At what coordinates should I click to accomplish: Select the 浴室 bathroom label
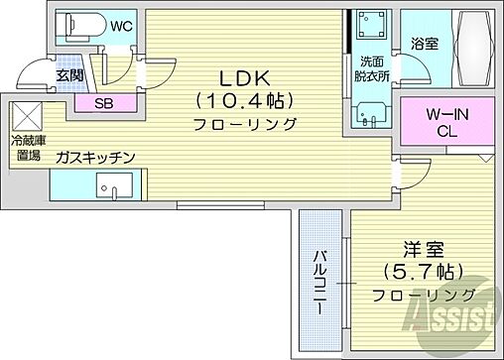click(425, 45)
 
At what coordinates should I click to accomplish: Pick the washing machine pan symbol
click(371, 29)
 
